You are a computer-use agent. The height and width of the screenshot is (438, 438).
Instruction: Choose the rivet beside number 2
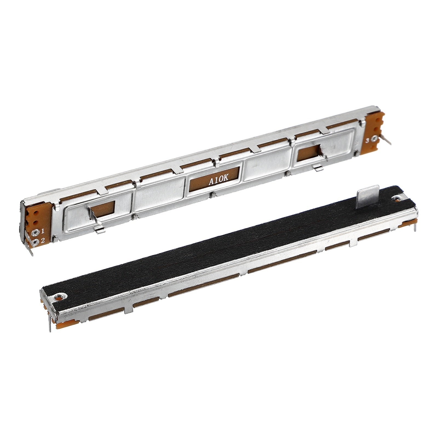[x=35, y=241]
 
